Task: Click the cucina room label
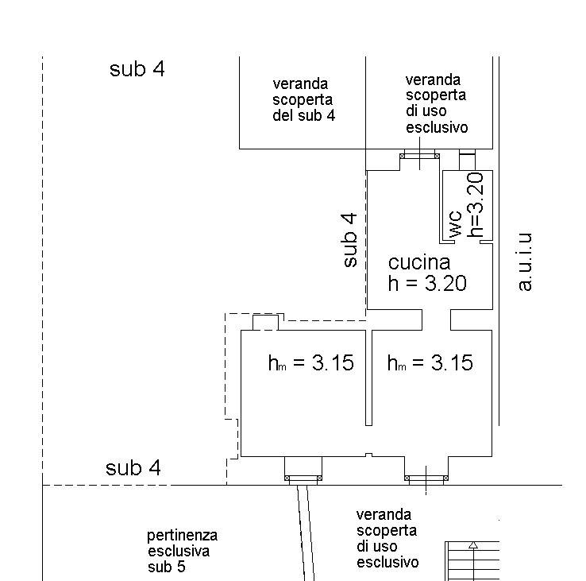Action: pos(418,262)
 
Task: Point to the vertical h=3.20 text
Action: pos(476,205)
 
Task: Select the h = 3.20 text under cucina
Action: pos(426,284)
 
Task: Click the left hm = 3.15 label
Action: pos(310,363)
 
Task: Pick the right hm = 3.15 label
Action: pos(430,363)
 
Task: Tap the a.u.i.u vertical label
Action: pos(525,261)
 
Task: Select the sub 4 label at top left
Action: pos(137,69)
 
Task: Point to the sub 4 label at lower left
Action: pos(133,469)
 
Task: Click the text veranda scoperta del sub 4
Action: pos(303,99)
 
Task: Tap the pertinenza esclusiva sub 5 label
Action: pos(182,552)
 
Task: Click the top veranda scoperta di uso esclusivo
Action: pos(436,103)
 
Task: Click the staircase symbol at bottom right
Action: pos(472,560)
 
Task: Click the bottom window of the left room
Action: pos(303,478)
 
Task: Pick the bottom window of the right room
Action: pos(426,478)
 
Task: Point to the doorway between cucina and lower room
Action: pos(436,320)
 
